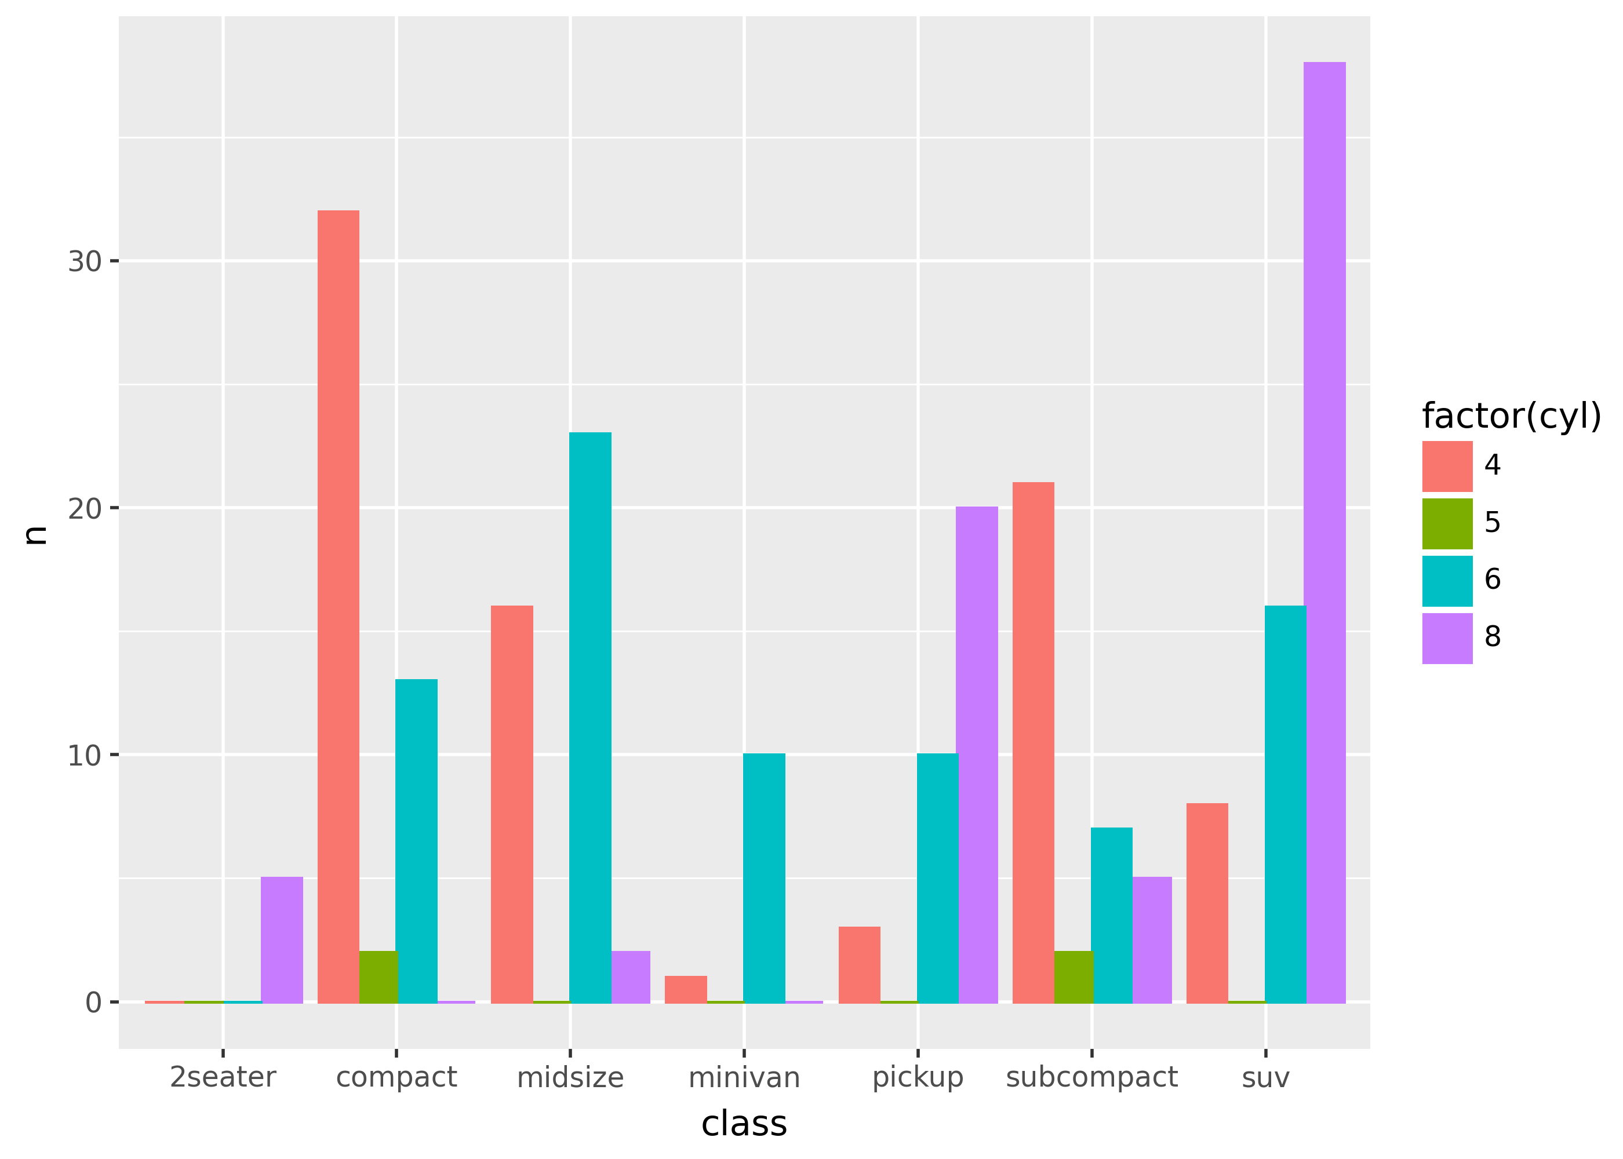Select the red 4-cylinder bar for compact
(339, 607)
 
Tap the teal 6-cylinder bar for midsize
(590, 717)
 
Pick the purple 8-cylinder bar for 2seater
(281, 940)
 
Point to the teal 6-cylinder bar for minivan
(764, 878)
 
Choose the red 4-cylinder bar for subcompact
(1033, 742)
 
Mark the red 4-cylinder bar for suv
(1207, 903)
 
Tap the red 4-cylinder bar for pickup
(859, 965)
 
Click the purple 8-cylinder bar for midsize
(630, 977)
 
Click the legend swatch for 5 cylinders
(1447, 524)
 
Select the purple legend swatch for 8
(1447, 638)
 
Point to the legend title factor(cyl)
(1511, 416)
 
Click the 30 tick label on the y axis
(84, 262)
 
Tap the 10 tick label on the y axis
(84, 756)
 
